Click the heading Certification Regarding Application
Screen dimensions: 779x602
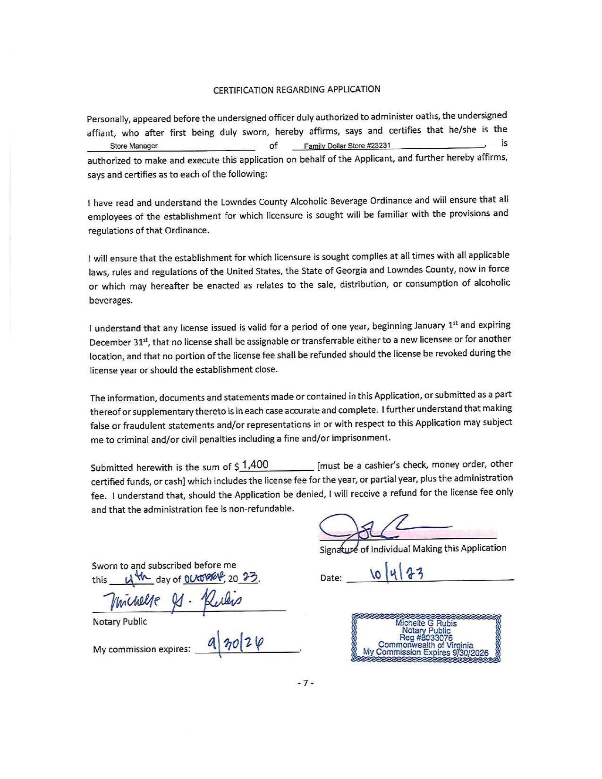[x=297, y=90]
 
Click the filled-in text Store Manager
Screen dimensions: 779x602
[x=134, y=146]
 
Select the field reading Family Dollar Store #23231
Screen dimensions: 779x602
[x=347, y=146]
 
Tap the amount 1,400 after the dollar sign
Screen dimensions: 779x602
[x=254, y=465]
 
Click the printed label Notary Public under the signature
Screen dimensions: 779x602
[x=120, y=622]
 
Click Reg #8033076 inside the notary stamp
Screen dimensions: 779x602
[x=426, y=638]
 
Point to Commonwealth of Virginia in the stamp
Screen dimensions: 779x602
[x=425, y=645]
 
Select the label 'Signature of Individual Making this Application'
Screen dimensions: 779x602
[x=413, y=549]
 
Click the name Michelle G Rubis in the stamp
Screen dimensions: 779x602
[x=426, y=623]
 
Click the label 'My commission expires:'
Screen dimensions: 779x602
[x=142, y=649]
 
